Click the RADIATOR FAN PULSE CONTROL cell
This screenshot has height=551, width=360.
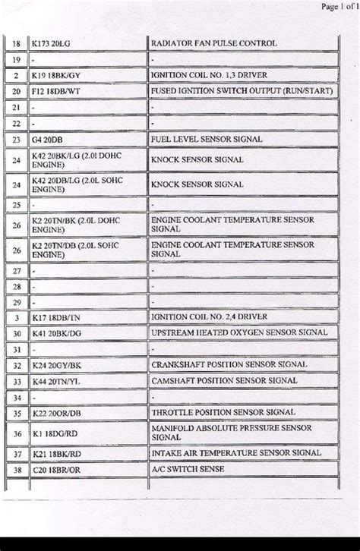click(x=213, y=43)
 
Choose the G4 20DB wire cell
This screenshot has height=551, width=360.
click(x=49, y=139)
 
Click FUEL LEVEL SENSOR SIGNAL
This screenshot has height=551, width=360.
click(x=207, y=139)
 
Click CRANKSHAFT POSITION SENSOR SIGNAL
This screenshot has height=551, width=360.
click(x=229, y=364)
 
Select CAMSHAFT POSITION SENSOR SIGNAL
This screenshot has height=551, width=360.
click(x=224, y=380)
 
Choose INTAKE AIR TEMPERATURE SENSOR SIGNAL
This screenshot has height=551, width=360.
click(x=235, y=452)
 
